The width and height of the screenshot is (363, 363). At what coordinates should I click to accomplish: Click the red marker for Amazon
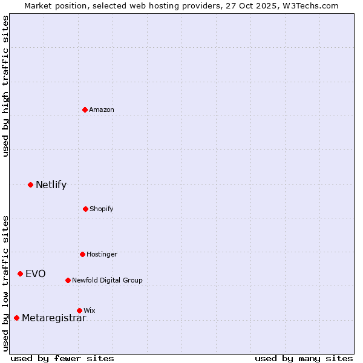click(x=85, y=110)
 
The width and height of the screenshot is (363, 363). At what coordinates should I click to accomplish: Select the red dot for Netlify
click(x=30, y=185)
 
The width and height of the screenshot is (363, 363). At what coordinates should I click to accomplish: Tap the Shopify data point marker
click(x=85, y=209)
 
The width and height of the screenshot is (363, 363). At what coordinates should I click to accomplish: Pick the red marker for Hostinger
click(x=82, y=254)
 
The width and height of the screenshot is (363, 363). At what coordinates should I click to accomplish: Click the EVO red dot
click(x=20, y=274)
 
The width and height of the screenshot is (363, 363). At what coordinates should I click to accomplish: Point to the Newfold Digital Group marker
click(x=68, y=280)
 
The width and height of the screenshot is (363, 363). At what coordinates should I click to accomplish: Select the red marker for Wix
click(x=79, y=310)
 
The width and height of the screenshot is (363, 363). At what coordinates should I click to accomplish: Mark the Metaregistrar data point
click(x=16, y=318)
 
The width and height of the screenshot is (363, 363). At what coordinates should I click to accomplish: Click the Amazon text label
click(x=102, y=110)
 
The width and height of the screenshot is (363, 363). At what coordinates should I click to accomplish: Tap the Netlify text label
click(x=51, y=185)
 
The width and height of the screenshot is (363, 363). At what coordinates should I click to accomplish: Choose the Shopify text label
click(x=102, y=209)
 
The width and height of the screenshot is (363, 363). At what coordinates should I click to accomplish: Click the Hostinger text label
click(x=102, y=254)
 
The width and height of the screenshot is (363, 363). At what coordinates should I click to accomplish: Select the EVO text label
click(x=35, y=274)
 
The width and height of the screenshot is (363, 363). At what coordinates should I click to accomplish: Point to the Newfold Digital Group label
click(x=107, y=280)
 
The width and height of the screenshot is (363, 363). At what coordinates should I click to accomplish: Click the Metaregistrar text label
click(x=54, y=318)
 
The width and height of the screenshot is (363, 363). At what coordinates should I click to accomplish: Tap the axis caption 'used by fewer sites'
click(x=62, y=358)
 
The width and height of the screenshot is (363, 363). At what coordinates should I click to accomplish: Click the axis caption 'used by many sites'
click(x=304, y=358)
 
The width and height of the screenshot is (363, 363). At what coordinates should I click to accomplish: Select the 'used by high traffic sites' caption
click(x=6, y=86)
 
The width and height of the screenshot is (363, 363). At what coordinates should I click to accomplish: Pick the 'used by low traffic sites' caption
click(x=6, y=283)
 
